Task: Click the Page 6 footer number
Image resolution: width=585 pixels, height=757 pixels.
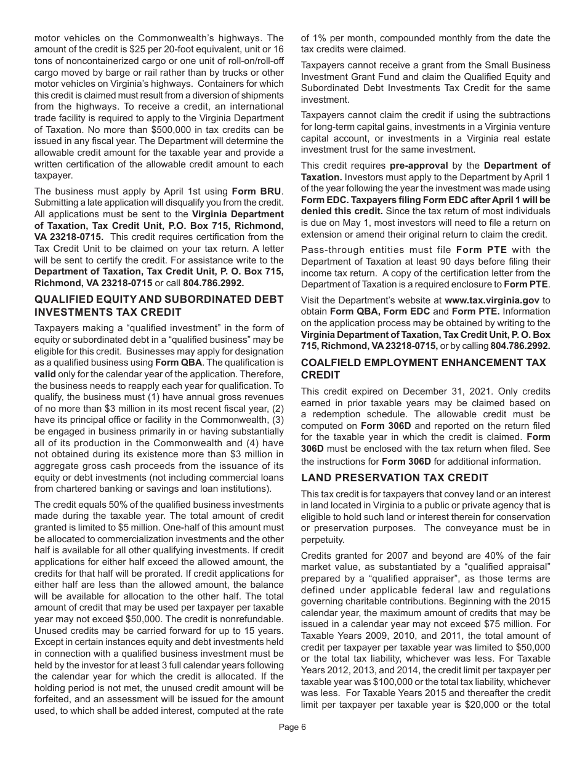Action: click(x=292, y=727)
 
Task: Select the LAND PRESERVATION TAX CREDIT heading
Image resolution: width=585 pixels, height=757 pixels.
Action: click(x=395, y=478)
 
